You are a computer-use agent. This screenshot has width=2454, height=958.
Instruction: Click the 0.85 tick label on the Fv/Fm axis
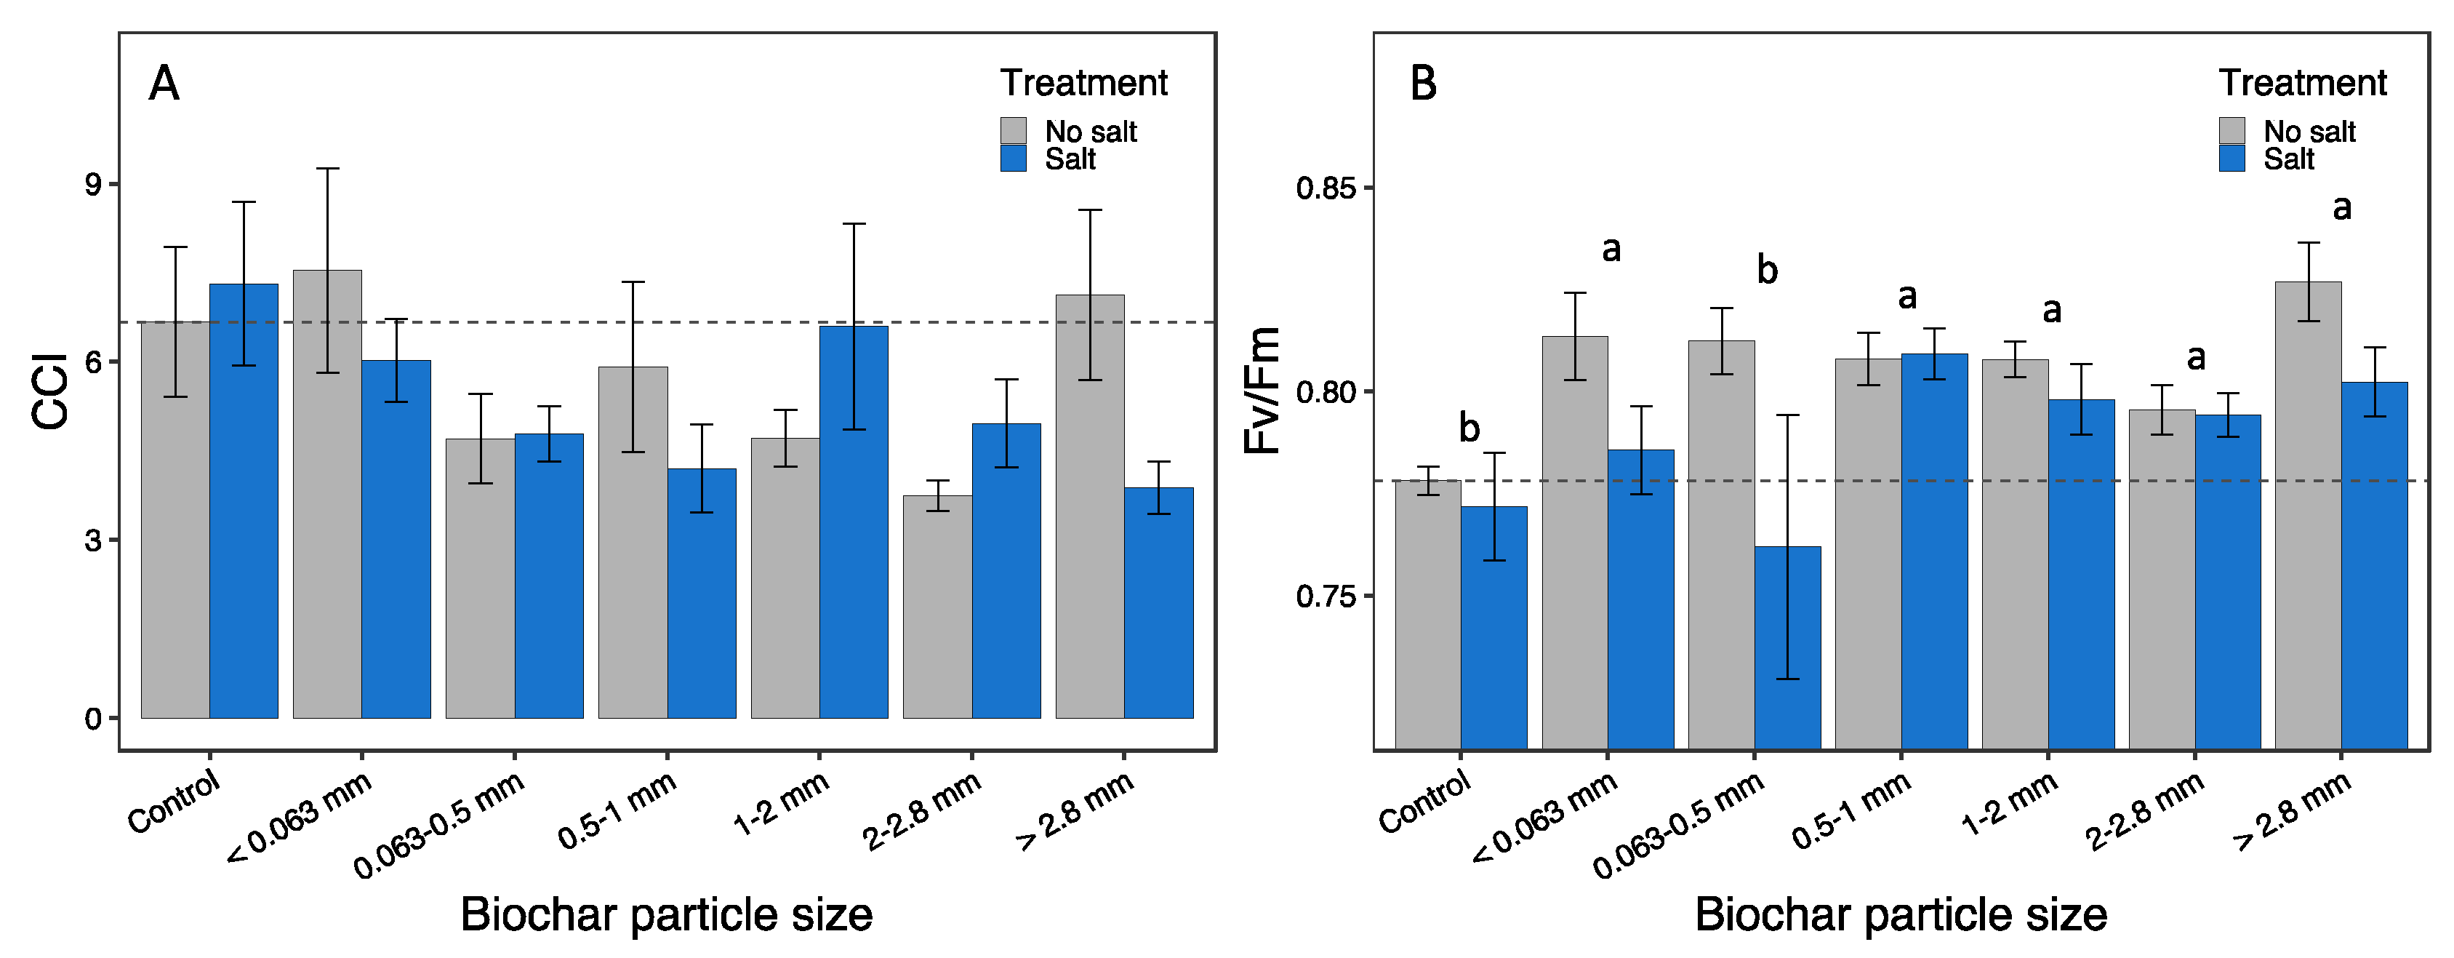(1324, 188)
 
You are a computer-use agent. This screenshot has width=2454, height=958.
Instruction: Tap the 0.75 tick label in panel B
(1324, 596)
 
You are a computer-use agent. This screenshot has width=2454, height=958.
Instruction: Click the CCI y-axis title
(49, 391)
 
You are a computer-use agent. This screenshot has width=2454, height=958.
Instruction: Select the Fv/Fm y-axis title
(1263, 391)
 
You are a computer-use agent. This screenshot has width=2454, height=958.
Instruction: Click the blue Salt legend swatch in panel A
(1013, 159)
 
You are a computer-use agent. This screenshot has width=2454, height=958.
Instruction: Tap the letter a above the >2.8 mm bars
(2341, 207)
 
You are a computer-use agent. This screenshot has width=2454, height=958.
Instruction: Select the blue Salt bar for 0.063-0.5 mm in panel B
(1787, 648)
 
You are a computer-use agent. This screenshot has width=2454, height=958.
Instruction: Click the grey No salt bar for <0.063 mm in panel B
(1575, 543)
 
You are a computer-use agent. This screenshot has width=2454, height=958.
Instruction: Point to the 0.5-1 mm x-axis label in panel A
(617, 810)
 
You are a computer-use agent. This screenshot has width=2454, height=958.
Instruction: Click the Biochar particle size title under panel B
(1901, 915)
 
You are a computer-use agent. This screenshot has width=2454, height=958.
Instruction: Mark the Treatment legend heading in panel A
(1083, 83)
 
